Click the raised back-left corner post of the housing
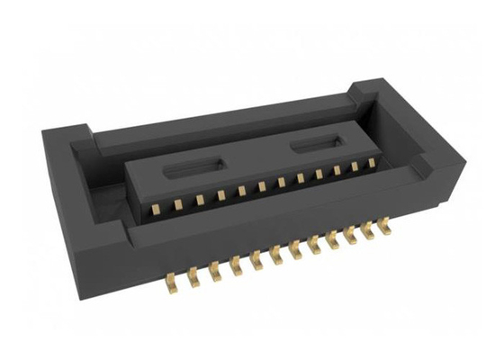[79, 135]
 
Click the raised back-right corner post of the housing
[367, 88]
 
